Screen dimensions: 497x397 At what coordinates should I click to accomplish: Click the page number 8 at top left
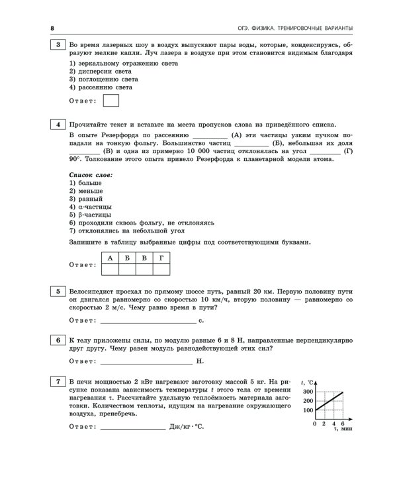pyautogui.click(x=52, y=27)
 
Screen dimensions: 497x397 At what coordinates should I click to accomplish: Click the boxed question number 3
pyautogui.click(x=58, y=45)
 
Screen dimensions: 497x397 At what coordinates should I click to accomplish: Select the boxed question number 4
pyautogui.click(x=58, y=124)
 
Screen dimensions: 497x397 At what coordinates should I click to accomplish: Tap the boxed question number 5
pyautogui.click(x=58, y=290)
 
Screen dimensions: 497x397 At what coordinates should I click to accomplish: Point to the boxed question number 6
pyautogui.click(x=58, y=339)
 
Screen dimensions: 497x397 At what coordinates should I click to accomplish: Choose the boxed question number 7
pyautogui.click(x=58, y=382)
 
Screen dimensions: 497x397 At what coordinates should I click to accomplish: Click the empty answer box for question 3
pyautogui.click(x=112, y=101)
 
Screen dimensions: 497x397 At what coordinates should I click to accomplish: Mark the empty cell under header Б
pyautogui.click(x=126, y=269)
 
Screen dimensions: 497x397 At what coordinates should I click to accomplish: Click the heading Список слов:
pyautogui.click(x=91, y=174)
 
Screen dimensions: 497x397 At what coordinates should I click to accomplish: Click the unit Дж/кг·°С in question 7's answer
pyautogui.click(x=187, y=427)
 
